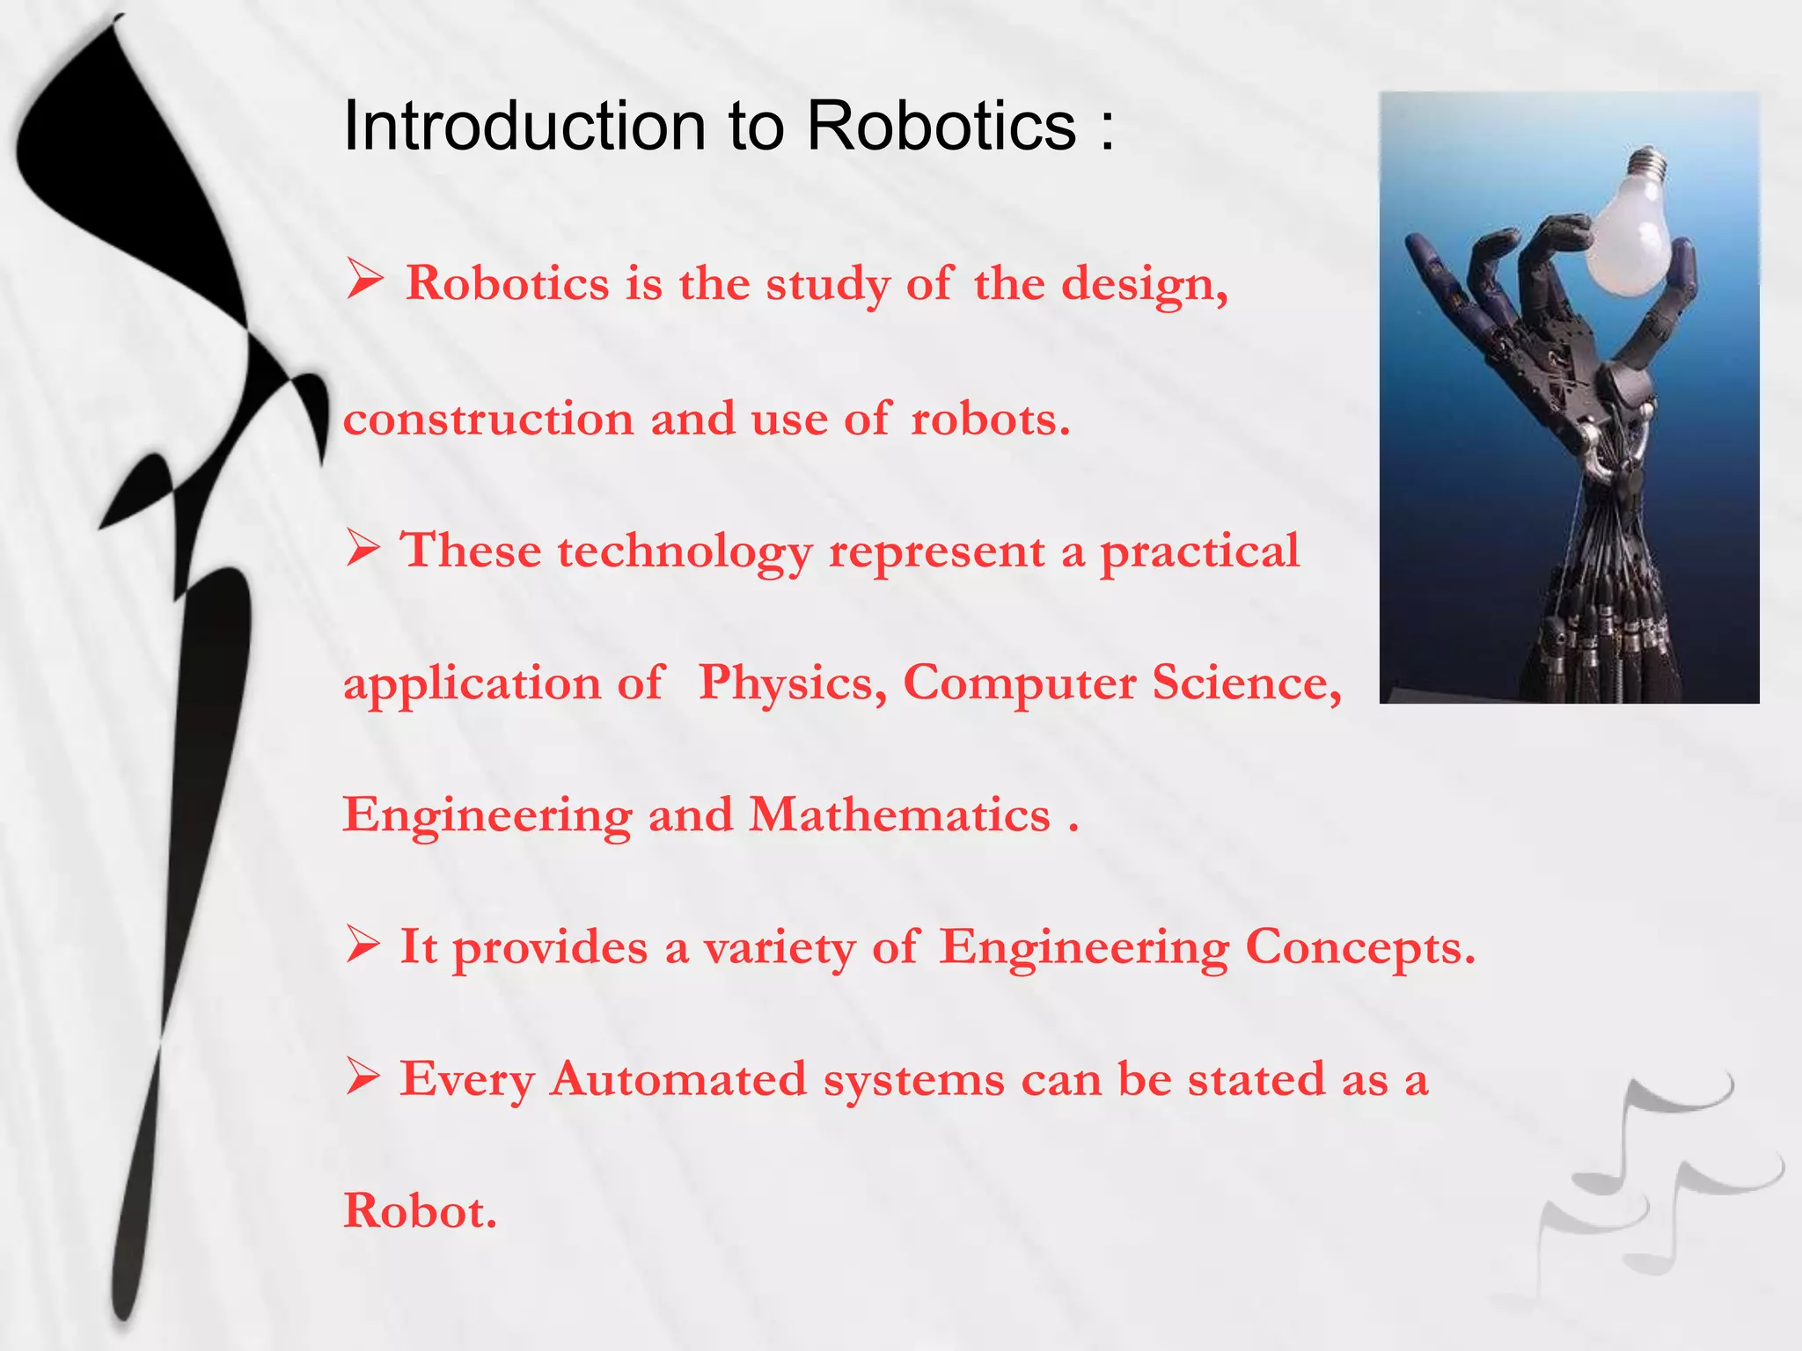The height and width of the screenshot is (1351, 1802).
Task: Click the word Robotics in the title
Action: pos(941,126)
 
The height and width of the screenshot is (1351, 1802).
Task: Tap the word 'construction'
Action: pos(488,419)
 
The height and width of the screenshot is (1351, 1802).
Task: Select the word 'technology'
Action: pos(685,553)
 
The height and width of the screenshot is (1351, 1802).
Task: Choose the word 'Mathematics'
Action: pos(899,814)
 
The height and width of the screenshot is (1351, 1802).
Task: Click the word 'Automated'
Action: pos(678,1079)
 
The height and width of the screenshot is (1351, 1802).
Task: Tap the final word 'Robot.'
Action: pos(420,1211)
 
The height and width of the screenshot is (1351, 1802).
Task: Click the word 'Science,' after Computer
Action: pos(1247,684)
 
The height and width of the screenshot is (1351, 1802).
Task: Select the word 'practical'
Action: pos(1199,553)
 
